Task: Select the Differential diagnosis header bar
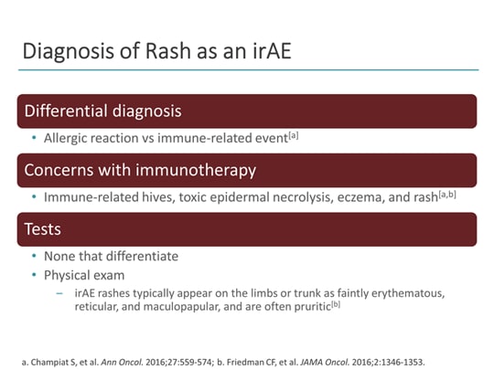pyautogui.click(x=247, y=111)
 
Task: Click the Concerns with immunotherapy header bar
pyautogui.click(x=247, y=171)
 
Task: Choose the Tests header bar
pyautogui.click(x=247, y=230)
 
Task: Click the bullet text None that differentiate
pyautogui.click(x=102, y=257)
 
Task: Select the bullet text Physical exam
pyautogui.click(x=81, y=275)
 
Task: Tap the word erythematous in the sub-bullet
pyautogui.click(x=403, y=294)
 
